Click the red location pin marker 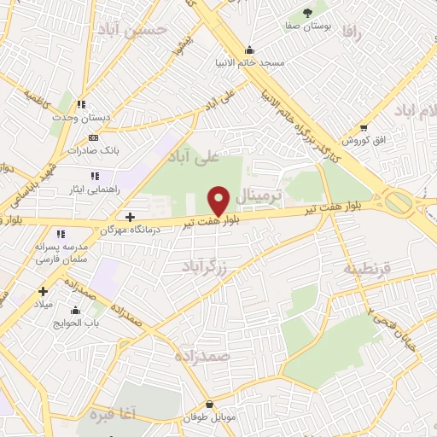[219, 200]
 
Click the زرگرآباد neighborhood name [206, 267]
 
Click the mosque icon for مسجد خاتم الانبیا [248, 49]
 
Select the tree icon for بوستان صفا [306, 13]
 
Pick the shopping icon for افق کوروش [364, 126]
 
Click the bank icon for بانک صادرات [93, 137]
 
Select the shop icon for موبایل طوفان [210, 405]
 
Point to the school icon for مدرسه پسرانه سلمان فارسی [60, 234]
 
